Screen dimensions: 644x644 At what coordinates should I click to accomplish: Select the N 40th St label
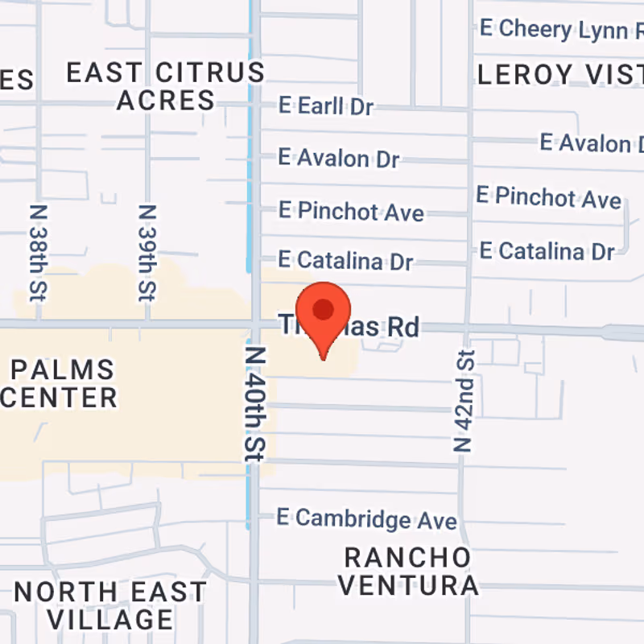pyautogui.click(x=255, y=404)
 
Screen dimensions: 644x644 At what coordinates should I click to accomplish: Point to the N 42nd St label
pyautogui.click(x=463, y=399)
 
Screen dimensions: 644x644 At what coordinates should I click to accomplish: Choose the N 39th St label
pyautogui.click(x=146, y=251)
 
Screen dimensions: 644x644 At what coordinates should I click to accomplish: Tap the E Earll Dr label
pyautogui.click(x=326, y=105)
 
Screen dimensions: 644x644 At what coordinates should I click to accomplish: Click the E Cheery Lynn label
pyautogui.click(x=560, y=30)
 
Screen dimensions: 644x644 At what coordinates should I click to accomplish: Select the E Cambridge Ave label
pyautogui.click(x=367, y=518)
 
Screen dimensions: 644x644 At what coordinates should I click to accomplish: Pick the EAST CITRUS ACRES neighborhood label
pyautogui.click(x=165, y=86)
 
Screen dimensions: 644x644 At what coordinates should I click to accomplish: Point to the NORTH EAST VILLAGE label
pyautogui.click(x=110, y=605)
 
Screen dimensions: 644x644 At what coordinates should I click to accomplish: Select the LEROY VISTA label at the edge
pyautogui.click(x=560, y=75)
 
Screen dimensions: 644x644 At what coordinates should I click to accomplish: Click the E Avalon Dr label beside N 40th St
pyautogui.click(x=338, y=158)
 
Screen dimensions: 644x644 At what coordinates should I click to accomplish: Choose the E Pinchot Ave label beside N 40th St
pyautogui.click(x=351, y=212)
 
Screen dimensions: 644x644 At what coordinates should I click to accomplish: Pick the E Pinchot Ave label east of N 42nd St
pyautogui.click(x=548, y=196)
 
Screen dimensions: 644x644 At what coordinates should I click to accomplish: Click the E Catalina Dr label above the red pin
pyautogui.click(x=345, y=261)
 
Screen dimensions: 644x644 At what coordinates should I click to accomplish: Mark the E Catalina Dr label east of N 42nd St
pyautogui.click(x=547, y=250)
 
